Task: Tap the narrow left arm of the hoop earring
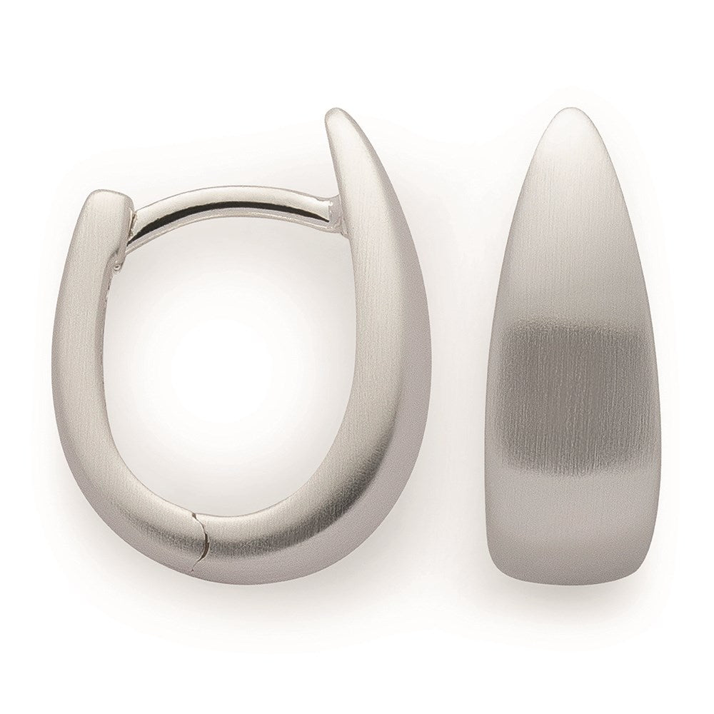(82, 357)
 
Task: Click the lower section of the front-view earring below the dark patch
(575, 528)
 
